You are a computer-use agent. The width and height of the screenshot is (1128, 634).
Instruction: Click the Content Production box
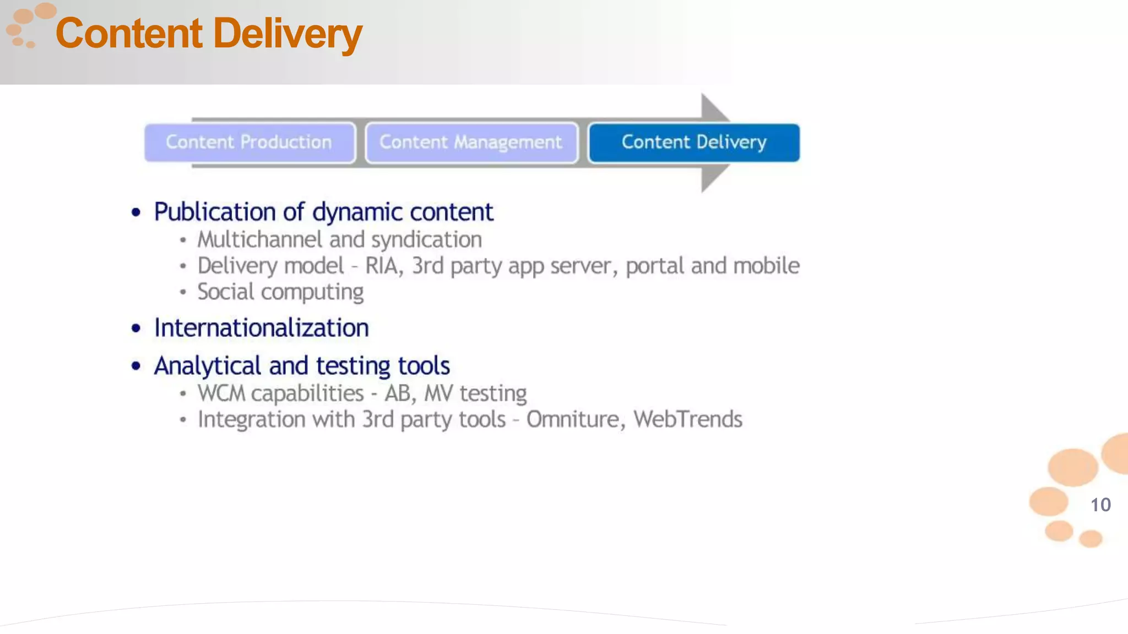point(250,143)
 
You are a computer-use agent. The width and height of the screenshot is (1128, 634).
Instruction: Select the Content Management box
point(471,143)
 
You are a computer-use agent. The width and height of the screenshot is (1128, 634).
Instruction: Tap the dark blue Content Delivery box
point(694,143)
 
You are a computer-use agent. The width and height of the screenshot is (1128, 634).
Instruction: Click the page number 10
point(1100,505)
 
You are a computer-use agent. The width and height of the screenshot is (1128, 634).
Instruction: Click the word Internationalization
point(261,328)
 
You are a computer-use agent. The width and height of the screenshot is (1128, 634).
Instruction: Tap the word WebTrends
point(688,419)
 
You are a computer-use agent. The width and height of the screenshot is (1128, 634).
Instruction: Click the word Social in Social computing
point(225,292)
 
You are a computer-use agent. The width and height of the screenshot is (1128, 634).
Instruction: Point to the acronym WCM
point(221,393)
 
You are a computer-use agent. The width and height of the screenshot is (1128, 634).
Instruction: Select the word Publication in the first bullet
point(215,212)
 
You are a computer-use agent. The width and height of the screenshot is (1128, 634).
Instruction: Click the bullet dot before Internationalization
point(136,329)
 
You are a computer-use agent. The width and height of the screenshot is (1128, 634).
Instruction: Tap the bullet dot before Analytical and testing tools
point(136,366)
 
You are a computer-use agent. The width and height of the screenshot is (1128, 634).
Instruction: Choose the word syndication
point(426,240)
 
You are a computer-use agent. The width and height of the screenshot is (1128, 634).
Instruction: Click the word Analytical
point(208,366)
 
